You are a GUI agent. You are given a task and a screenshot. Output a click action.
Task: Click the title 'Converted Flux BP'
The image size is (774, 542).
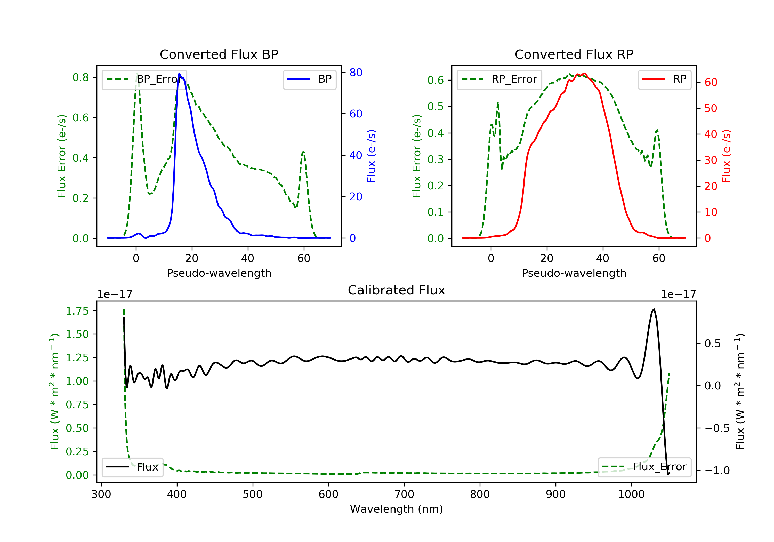(x=219, y=54)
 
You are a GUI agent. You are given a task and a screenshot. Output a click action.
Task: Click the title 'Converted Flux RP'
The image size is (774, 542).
(x=574, y=54)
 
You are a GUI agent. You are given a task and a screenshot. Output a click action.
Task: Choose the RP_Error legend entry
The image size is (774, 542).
(x=499, y=79)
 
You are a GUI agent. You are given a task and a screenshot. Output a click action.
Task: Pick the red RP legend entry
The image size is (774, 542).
(x=664, y=79)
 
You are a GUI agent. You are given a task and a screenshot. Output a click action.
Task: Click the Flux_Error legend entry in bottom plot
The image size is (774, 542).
(x=644, y=467)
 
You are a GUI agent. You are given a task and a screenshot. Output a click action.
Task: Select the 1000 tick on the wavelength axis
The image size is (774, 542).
(x=631, y=495)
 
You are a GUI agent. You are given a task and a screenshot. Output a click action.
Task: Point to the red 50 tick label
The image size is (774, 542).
(x=711, y=108)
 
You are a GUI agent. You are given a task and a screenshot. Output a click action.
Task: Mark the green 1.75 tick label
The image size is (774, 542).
(x=77, y=311)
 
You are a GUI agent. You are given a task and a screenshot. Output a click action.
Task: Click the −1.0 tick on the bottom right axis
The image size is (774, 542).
(x=717, y=471)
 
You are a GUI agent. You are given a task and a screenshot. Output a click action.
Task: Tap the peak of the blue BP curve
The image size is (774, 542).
(x=179, y=73)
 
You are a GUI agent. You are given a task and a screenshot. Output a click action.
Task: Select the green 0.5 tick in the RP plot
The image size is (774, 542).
(x=435, y=107)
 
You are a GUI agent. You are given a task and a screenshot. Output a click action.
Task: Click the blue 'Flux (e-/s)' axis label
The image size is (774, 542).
(x=371, y=156)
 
